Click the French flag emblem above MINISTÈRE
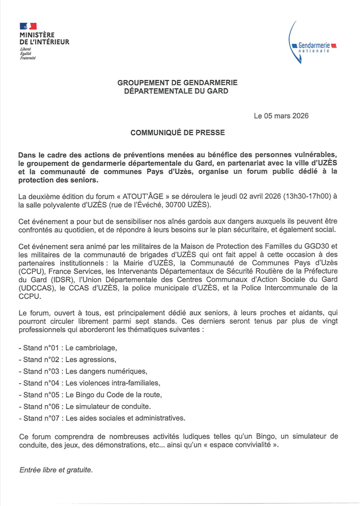tap(28, 26)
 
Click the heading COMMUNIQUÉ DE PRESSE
tap(177, 133)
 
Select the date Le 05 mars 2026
tap(281, 116)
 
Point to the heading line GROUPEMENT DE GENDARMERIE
tap(177, 83)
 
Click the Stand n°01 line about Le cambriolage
tap(68, 348)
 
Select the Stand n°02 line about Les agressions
tap(67, 360)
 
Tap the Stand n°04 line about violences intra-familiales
tap(89, 383)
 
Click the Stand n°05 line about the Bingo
tap(90, 395)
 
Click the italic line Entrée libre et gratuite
tap(56, 469)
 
